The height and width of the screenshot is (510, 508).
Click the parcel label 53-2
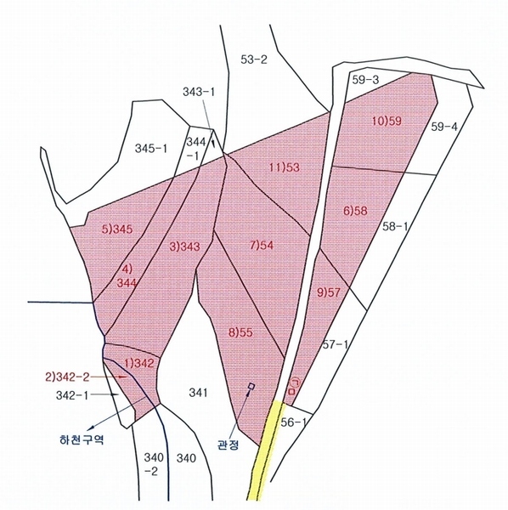click(x=254, y=59)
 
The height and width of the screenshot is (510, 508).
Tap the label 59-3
click(x=365, y=80)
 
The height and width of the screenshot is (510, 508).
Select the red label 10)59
click(x=387, y=122)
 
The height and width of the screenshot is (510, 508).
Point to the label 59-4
click(x=444, y=127)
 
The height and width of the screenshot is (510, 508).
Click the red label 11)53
click(x=285, y=167)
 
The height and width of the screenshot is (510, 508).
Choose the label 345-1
click(x=151, y=149)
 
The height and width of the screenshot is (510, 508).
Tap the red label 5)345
click(x=117, y=229)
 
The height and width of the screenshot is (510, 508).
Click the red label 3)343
click(x=184, y=246)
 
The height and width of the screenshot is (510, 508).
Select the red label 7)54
click(x=262, y=245)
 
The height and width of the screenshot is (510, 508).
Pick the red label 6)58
click(x=355, y=211)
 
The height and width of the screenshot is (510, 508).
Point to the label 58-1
click(x=394, y=226)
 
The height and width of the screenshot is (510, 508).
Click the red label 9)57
click(x=328, y=292)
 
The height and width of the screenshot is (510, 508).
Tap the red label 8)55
click(x=241, y=332)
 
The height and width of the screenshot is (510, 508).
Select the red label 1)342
click(x=138, y=363)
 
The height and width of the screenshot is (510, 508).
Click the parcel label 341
click(x=198, y=393)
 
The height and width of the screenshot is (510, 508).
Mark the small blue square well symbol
click(x=251, y=386)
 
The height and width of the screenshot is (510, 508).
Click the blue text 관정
click(x=229, y=445)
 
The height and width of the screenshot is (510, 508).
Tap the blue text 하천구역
click(x=82, y=439)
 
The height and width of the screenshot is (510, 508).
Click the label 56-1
click(x=293, y=422)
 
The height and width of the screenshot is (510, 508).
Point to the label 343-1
click(x=199, y=92)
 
